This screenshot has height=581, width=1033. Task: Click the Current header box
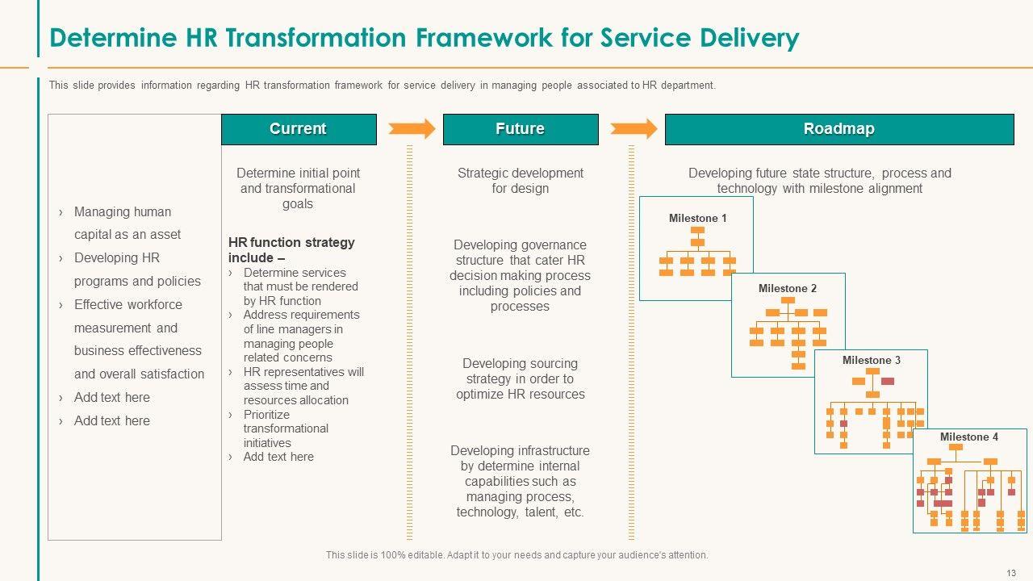299,129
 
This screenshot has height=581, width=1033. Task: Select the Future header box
521,129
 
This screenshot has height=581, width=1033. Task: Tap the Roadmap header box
839,129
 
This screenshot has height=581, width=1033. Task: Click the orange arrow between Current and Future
412,128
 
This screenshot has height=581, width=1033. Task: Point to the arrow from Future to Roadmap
634,128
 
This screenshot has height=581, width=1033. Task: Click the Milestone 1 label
698,218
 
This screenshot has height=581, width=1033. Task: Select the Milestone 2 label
788,288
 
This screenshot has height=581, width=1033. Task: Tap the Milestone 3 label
872,360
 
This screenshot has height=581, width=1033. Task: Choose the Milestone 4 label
969,437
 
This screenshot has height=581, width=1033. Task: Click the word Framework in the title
483,37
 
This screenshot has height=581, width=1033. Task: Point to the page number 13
1011,573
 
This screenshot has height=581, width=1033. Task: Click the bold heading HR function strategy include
291,250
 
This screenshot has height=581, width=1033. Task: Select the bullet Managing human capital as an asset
128,224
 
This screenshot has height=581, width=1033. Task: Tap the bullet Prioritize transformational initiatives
286,428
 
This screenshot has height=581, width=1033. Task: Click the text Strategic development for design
521,181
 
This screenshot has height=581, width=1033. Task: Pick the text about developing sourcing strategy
521,378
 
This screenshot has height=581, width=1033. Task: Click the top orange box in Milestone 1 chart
697,230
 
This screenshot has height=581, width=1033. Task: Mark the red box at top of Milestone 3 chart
888,381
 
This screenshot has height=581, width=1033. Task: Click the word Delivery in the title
750,38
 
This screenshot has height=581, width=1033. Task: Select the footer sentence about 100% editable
517,554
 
